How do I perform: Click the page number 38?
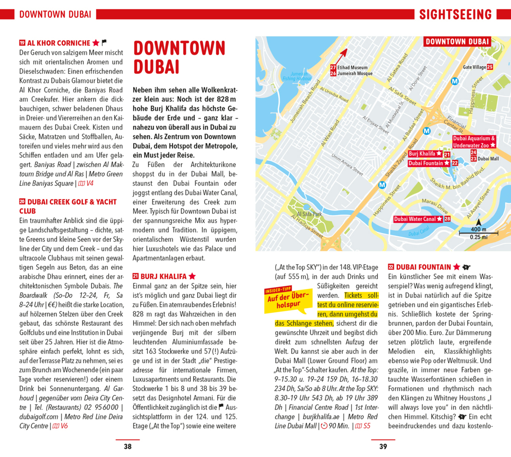coord(127,446)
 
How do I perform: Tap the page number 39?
coord(383,446)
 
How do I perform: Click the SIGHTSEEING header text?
coord(455,15)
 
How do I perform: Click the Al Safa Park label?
coord(310,214)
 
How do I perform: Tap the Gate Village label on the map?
coord(474,67)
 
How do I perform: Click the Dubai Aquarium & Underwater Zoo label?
coord(474,142)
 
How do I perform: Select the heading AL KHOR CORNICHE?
coord(59,43)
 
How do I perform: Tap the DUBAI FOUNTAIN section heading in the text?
coord(424,267)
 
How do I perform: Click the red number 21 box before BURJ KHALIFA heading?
coord(136,276)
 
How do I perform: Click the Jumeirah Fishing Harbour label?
coord(297,76)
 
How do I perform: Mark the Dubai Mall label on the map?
coord(488,159)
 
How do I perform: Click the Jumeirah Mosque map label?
coord(355,74)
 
